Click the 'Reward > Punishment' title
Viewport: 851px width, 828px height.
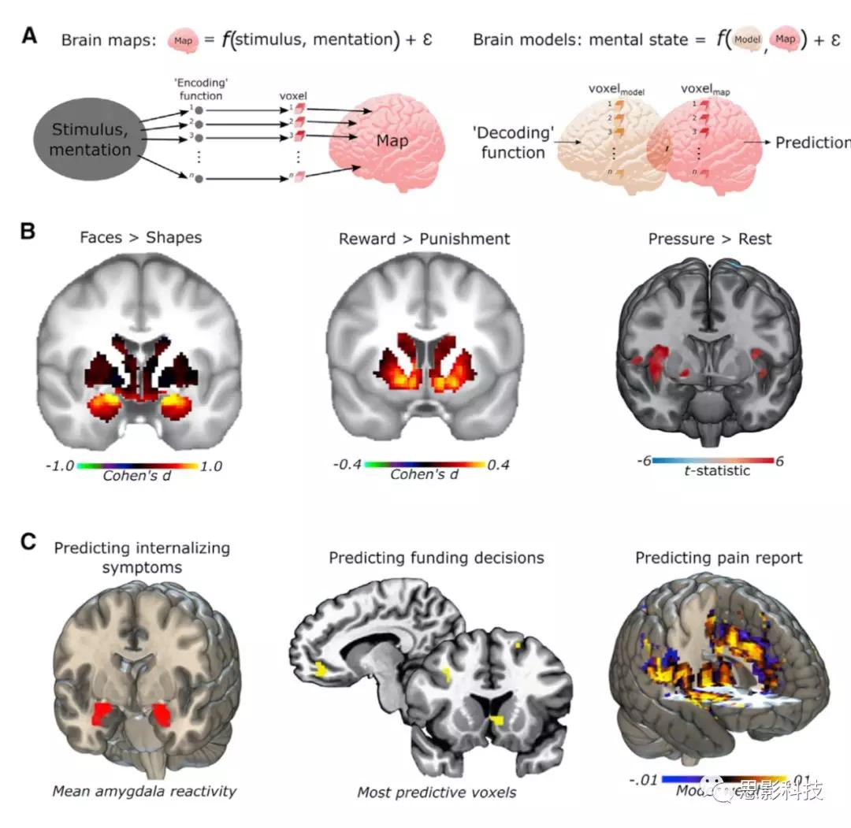coord(424,238)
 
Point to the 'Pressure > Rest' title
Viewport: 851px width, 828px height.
coord(709,238)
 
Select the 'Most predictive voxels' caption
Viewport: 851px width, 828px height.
coord(437,792)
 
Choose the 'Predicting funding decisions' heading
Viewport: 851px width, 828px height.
coord(436,558)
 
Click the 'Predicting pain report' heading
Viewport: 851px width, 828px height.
coord(719,558)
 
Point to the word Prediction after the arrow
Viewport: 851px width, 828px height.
coord(812,143)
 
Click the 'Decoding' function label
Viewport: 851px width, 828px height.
coord(514,143)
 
